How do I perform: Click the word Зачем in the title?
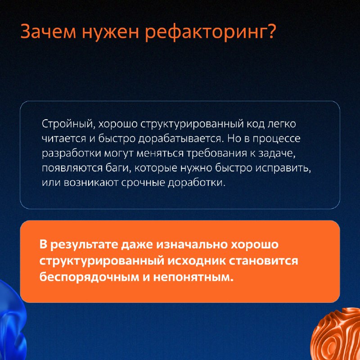[48, 31]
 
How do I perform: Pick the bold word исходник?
[196, 261]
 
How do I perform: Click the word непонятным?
[193, 277]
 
